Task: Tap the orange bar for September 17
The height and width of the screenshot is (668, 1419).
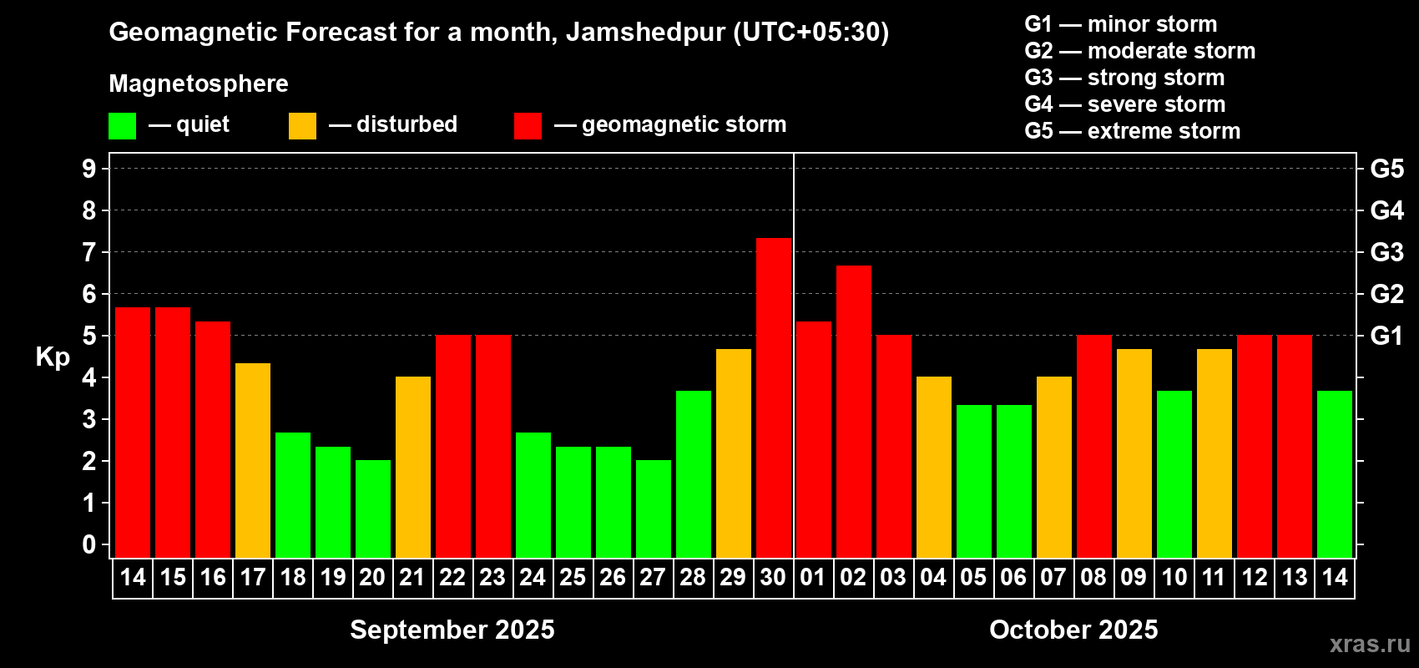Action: pyautogui.click(x=253, y=460)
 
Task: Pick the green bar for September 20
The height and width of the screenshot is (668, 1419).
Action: pyautogui.click(x=373, y=509)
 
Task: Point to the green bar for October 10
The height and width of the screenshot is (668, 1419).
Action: pyautogui.click(x=1174, y=473)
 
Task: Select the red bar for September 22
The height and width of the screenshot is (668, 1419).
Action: pyautogui.click(x=453, y=446)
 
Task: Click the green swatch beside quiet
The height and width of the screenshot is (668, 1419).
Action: pyautogui.click(x=123, y=126)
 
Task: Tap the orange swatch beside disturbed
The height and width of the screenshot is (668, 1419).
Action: pyautogui.click(x=302, y=126)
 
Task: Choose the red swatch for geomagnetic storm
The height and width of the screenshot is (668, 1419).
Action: pyautogui.click(x=528, y=126)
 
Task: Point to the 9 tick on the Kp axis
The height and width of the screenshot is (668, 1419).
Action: pyautogui.click(x=89, y=169)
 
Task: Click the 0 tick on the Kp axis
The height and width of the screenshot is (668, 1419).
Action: pyautogui.click(x=89, y=544)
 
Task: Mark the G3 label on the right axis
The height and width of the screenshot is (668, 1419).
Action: pyautogui.click(x=1386, y=252)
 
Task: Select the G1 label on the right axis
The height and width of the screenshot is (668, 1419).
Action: pyautogui.click(x=1386, y=336)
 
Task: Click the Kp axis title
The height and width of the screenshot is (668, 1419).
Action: pyautogui.click(x=53, y=357)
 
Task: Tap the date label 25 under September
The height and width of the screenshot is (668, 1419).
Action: pyautogui.click(x=573, y=577)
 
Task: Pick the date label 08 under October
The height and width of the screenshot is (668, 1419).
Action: pyautogui.click(x=1093, y=577)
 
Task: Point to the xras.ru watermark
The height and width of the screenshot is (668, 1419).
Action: pyautogui.click(x=1369, y=643)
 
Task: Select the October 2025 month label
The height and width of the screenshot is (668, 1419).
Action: pyautogui.click(x=1073, y=629)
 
